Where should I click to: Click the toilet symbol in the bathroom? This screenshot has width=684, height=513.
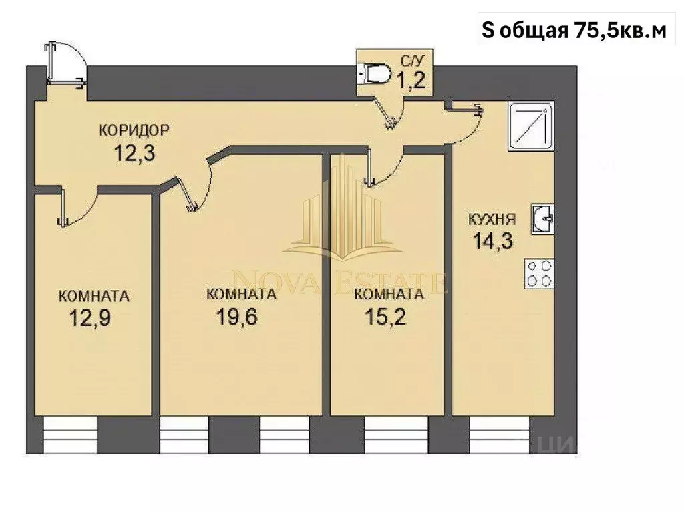coord(375,71)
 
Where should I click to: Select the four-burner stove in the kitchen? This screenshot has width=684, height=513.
coord(540,273)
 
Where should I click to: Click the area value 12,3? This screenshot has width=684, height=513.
coord(135,154)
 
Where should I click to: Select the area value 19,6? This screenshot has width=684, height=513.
coord(237,316)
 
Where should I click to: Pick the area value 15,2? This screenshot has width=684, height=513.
coord(385,316)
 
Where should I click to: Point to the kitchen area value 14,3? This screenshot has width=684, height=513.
coord(493,240)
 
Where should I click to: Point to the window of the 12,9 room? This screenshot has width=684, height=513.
coord(70,435)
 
